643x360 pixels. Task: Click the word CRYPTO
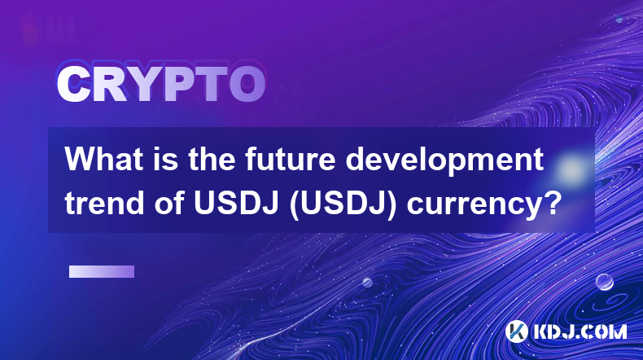(161, 84)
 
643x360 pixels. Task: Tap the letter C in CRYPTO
(73, 84)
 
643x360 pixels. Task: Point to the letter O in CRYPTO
(247, 84)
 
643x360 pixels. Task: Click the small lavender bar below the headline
(102, 271)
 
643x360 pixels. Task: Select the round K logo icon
(517, 331)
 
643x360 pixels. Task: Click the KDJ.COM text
(580, 331)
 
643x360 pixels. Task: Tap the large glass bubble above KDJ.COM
(604, 282)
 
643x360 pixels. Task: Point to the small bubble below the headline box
(366, 282)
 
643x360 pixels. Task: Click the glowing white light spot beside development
(571, 169)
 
